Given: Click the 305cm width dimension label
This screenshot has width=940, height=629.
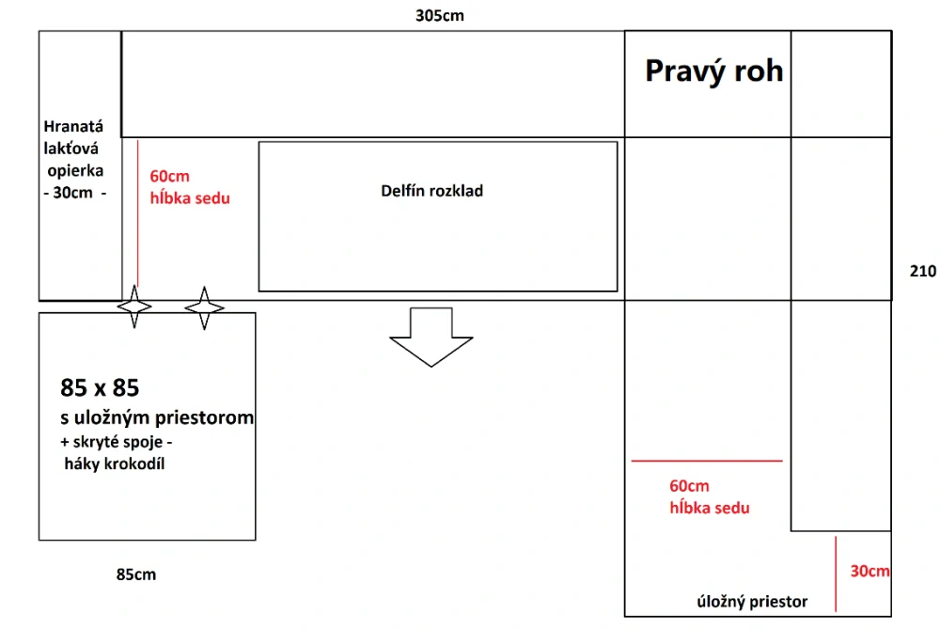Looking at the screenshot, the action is coord(439,16).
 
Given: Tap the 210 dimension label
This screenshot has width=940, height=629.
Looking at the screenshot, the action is coord(923,272).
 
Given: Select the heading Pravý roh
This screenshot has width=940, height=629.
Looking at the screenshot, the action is coord(714,71).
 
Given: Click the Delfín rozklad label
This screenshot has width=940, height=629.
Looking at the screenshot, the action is coord(431,191).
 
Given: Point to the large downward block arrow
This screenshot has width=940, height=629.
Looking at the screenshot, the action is coord(431,337).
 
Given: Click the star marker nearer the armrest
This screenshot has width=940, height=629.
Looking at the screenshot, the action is coord(134,307).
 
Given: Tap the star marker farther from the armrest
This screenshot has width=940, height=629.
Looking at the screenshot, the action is coord(204,307).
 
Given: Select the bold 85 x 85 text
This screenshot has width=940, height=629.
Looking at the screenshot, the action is coord(100,388).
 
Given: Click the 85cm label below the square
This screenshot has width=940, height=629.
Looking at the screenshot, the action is coord(136,574).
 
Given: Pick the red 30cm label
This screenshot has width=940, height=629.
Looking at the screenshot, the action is coord(869,571).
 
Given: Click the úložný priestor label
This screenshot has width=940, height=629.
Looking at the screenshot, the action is coord(752,602).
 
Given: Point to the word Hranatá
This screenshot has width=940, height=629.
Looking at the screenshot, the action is coord(73,127).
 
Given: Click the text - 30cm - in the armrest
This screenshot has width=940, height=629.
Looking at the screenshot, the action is coord(74,193).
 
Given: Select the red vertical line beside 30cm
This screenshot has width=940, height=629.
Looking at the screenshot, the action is coord(836,574).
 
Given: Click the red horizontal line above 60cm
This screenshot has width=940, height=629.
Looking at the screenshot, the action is coord(707,461).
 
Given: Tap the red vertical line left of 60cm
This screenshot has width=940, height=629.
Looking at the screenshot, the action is coord(138,213).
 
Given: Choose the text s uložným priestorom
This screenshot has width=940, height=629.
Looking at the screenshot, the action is coord(157,417).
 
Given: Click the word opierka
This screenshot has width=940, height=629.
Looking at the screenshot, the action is coord(75,171).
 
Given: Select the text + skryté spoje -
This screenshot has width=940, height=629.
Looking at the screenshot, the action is coord(117,442).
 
